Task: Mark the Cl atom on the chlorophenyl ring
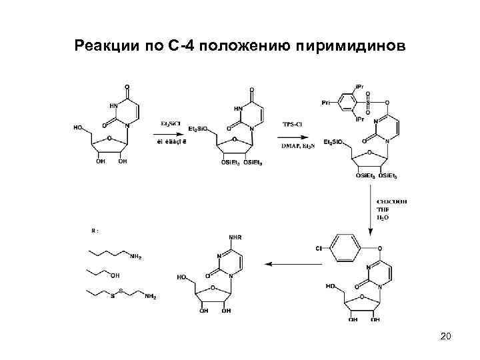319,248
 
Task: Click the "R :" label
95,231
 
